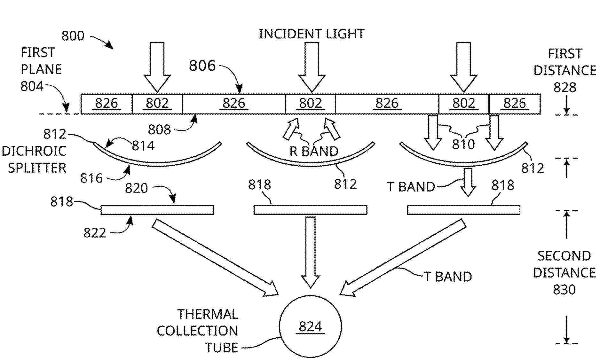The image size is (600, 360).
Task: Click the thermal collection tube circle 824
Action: (x=310, y=326)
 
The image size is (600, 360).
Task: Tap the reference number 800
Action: (x=73, y=36)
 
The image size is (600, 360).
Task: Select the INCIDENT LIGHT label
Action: (x=312, y=34)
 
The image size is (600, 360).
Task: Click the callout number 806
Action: (x=202, y=66)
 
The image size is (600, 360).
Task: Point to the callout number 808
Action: (x=159, y=129)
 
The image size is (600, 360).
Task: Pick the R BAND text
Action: (x=314, y=151)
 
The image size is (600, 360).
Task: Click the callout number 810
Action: (x=463, y=145)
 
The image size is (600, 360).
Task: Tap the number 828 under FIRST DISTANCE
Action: (x=564, y=87)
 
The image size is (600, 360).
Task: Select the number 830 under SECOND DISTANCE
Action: (x=564, y=290)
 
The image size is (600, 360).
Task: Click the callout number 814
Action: (x=143, y=146)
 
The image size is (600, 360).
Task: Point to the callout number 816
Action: (x=91, y=178)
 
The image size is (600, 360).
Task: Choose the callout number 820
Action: (x=136, y=188)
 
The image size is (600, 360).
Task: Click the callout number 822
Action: (x=95, y=233)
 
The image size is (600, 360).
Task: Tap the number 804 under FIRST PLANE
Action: (x=32, y=86)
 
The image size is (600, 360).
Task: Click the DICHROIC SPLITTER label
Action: (x=34, y=160)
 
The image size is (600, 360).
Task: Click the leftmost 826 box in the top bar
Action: (x=107, y=104)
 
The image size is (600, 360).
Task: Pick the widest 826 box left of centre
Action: (x=234, y=104)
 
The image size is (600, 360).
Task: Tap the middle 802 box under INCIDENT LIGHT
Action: (x=310, y=104)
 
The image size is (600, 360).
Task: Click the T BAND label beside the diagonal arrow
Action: (x=448, y=277)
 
